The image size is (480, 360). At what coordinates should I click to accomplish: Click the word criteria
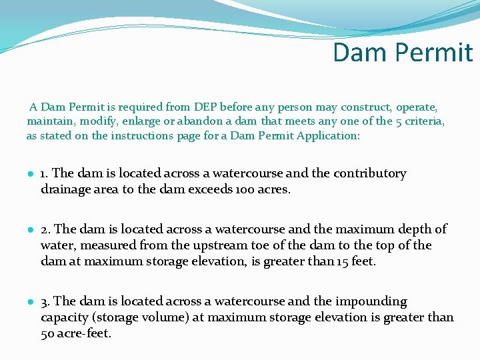click(x=422, y=121)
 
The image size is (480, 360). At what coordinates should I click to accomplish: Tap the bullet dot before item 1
click(x=31, y=174)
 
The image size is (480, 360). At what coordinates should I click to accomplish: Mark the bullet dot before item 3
click(x=31, y=302)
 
